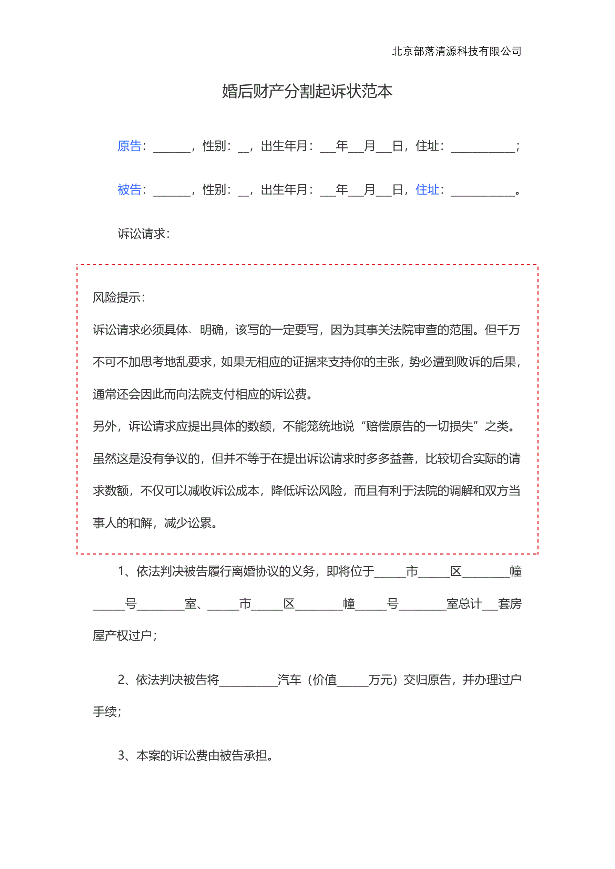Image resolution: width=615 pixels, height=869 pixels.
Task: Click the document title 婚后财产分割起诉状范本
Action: click(307, 91)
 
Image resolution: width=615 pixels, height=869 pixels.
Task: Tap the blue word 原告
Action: click(129, 146)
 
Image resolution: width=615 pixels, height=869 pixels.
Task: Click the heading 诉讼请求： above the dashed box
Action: click(144, 234)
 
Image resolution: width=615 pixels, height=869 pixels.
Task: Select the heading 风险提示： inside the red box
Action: click(119, 298)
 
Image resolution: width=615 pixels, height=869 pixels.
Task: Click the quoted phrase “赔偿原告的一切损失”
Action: click(420, 426)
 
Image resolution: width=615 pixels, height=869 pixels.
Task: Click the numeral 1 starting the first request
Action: click(121, 571)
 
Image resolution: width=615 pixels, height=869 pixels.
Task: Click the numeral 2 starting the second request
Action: click(121, 680)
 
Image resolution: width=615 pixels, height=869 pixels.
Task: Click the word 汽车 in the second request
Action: click(289, 680)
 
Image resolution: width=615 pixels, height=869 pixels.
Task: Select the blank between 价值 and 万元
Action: click(352, 681)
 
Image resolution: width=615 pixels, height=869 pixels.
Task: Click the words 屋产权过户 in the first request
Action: click(122, 636)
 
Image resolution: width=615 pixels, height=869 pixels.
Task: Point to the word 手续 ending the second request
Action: click(105, 712)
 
